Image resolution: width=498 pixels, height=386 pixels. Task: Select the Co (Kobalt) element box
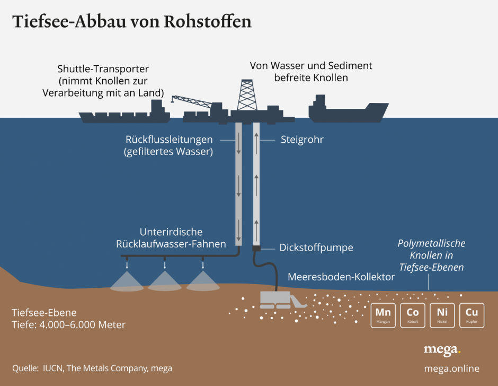tap(412, 315)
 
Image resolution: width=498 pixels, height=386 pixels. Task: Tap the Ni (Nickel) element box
tap(442, 315)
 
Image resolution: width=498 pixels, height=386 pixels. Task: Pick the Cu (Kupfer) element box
tap(472, 315)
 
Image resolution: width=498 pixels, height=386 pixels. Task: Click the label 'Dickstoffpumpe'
tap(316, 247)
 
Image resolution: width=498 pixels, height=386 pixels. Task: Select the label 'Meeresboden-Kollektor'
tap(341, 277)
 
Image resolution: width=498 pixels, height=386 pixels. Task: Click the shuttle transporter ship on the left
tap(125, 113)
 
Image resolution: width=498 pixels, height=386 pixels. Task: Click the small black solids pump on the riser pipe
tap(256, 248)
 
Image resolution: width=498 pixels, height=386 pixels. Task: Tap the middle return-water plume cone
tap(165, 281)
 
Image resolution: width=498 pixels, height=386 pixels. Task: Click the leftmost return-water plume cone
tap(127, 281)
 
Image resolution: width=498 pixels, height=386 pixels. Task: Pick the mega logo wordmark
tap(442, 350)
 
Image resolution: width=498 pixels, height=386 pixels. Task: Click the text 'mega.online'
tap(451, 368)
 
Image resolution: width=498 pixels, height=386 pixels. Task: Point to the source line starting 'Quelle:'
tap(92, 368)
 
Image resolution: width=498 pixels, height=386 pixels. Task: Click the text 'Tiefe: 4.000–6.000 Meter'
tap(68, 324)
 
